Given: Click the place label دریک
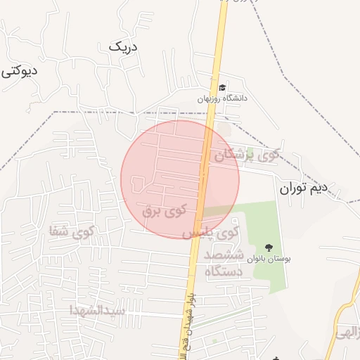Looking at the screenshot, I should (124, 47).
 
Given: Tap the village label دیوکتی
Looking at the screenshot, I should (18, 71).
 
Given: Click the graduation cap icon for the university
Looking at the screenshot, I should (223, 87).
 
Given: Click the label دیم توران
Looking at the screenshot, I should (304, 188).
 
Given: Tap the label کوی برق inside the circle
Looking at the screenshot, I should (164, 210).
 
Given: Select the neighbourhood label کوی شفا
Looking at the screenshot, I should (72, 231).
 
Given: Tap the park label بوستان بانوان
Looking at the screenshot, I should (268, 259).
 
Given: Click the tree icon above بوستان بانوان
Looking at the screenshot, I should (268, 247).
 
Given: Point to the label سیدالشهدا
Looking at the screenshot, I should (98, 309).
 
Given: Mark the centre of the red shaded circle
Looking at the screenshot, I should (180, 179).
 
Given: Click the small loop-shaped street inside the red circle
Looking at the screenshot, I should (139, 184).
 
